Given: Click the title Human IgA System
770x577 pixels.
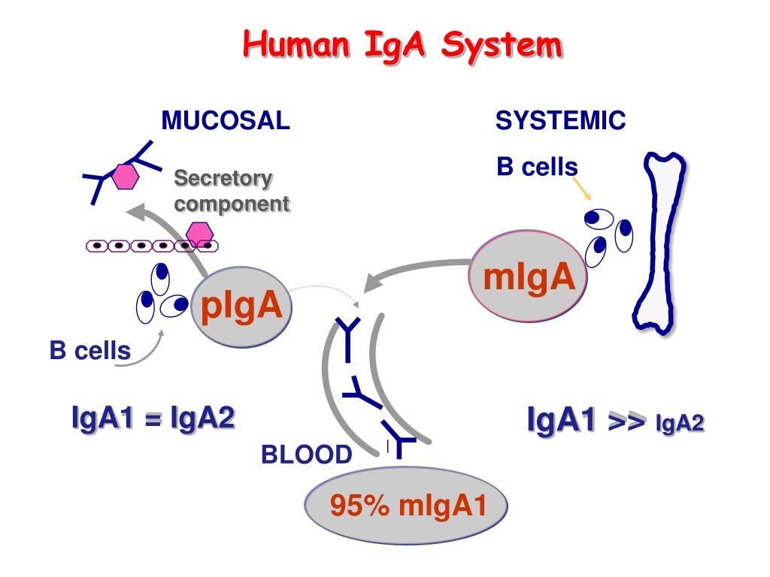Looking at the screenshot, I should [x=402, y=46].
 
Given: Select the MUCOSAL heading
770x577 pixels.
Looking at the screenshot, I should [x=226, y=120].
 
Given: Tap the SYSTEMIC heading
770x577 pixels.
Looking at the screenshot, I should [x=560, y=120].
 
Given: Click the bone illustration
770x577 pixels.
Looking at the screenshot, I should [x=661, y=240].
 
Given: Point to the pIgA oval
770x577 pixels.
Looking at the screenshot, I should [x=241, y=307].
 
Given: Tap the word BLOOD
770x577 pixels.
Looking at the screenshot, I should [x=306, y=455].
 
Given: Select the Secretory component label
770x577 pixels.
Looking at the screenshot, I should [x=231, y=191].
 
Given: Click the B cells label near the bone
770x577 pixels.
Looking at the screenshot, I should [x=537, y=167].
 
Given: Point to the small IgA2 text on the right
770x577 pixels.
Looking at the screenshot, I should [x=680, y=425].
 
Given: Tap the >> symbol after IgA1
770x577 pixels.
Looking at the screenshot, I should [x=627, y=423].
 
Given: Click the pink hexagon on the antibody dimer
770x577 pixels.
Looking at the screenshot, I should [x=126, y=176].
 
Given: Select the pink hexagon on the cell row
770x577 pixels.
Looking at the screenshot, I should [x=200, y=234].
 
